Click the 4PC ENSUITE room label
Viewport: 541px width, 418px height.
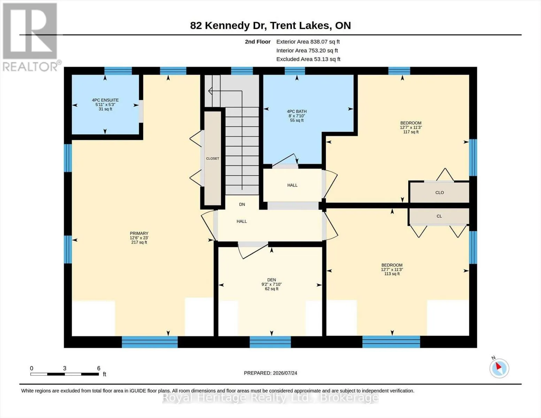[105, 100]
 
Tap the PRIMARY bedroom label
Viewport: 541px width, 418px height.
[139, 233]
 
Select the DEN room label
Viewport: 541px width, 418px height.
[271, 280]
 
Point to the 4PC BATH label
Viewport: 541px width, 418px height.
[297, 111]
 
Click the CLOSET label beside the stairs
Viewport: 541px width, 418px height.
[212, 158]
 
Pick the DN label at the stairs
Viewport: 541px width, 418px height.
[242, 204]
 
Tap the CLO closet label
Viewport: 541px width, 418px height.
[440, 192]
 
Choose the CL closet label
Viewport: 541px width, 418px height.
[439, 216]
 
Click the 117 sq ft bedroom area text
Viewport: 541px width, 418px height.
[411, 132]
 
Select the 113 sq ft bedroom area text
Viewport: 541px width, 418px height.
[392, 274]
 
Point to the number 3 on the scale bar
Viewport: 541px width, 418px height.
[64, 368]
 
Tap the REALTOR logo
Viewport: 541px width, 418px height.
[31, 37]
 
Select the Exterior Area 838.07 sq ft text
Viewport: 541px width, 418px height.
[308, 42]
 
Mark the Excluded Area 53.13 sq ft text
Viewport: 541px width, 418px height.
[308, 59]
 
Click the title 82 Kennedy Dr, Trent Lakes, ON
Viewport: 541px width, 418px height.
[270, 25]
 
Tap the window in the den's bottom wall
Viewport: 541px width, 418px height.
[270, 342]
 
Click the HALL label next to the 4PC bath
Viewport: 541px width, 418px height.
[292, 185]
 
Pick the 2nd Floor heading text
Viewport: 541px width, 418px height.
[258, 42]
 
